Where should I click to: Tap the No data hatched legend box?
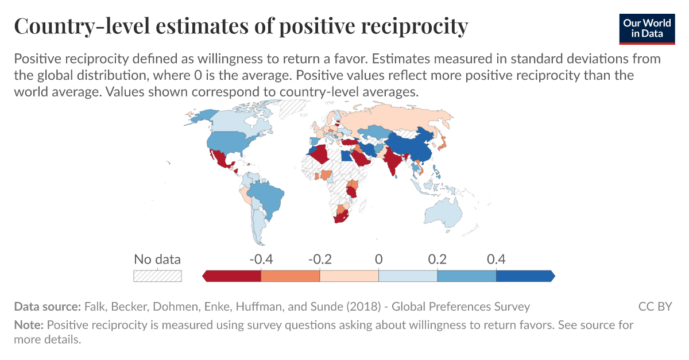(157, 276)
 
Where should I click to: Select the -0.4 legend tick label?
(261, 259)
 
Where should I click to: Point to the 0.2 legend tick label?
(437, 259)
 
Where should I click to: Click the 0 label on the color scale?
(378, 259)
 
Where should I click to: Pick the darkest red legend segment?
(233, 276)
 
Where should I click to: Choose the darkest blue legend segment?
(524, 276)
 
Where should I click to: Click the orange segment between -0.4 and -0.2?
(290, 276)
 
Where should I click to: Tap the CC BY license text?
(655, 306)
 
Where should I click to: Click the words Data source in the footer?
(47, 306)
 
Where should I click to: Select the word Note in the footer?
(28, 325)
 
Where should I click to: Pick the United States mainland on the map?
(230, 141)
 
